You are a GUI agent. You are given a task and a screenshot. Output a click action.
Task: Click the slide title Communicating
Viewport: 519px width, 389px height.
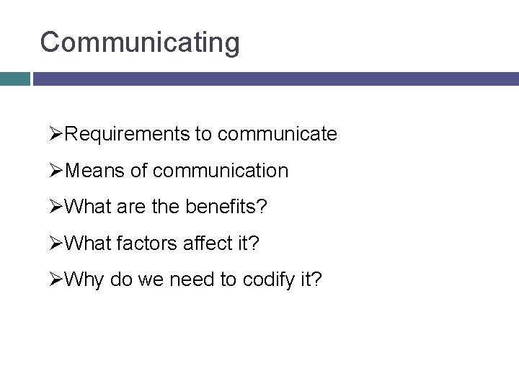140,43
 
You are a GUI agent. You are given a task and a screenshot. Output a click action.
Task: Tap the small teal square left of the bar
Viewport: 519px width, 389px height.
14,79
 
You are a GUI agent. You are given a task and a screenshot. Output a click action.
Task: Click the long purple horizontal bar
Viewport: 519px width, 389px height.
275,79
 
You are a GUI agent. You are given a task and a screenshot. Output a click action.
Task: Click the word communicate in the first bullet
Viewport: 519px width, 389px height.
277,134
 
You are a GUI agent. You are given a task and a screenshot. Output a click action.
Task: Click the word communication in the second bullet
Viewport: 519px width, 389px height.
221,171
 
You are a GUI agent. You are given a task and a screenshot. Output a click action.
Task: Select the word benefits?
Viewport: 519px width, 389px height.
226,208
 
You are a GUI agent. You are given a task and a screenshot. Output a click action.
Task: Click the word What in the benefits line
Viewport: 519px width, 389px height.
86,208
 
